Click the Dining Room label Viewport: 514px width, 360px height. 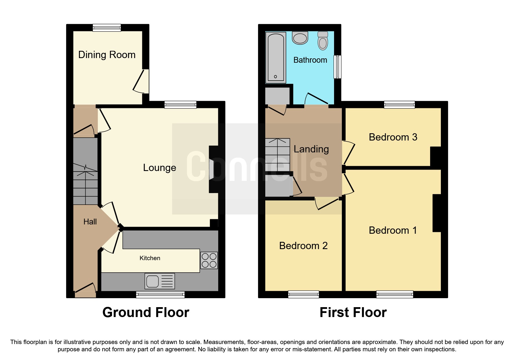107,55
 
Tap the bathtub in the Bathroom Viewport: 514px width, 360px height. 275,57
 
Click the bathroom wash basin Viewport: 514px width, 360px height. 300,38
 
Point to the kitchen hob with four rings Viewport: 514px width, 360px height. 209,260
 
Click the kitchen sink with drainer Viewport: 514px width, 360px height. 160,281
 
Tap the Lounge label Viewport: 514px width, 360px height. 159,168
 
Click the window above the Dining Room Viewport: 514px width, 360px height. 107,28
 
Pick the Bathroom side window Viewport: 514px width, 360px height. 337,67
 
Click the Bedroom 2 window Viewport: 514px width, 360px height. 303,294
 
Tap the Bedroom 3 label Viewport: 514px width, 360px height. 393,137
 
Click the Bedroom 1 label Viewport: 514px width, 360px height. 393,230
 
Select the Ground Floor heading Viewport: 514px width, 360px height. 146,312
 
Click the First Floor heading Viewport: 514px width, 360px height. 353,312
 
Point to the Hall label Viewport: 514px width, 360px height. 90,222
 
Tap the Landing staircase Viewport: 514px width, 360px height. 277,155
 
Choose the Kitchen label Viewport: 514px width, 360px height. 150,258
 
